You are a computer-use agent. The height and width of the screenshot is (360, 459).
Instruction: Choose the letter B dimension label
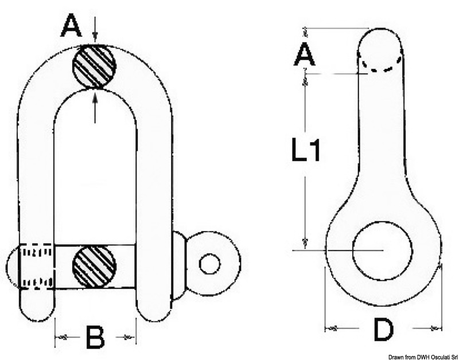pyautogui.click(x=95, y=338)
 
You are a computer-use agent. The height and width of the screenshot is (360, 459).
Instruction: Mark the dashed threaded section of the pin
pyautogui.click(x=38, y=267)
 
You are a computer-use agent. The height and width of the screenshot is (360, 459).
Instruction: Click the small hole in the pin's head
pyautogui.click(x=210, y=264)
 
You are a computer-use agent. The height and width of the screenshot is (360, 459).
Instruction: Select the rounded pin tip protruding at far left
pyautogui.click(x=14, y=267)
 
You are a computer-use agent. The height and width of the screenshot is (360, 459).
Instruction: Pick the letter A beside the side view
pyautogui.click(x=305, y=56)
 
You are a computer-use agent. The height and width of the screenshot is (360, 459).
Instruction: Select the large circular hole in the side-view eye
pyautogui.click(x=383, y=251)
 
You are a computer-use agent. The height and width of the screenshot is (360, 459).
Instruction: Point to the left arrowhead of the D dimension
pyautogui.click(x=331, y=328)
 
